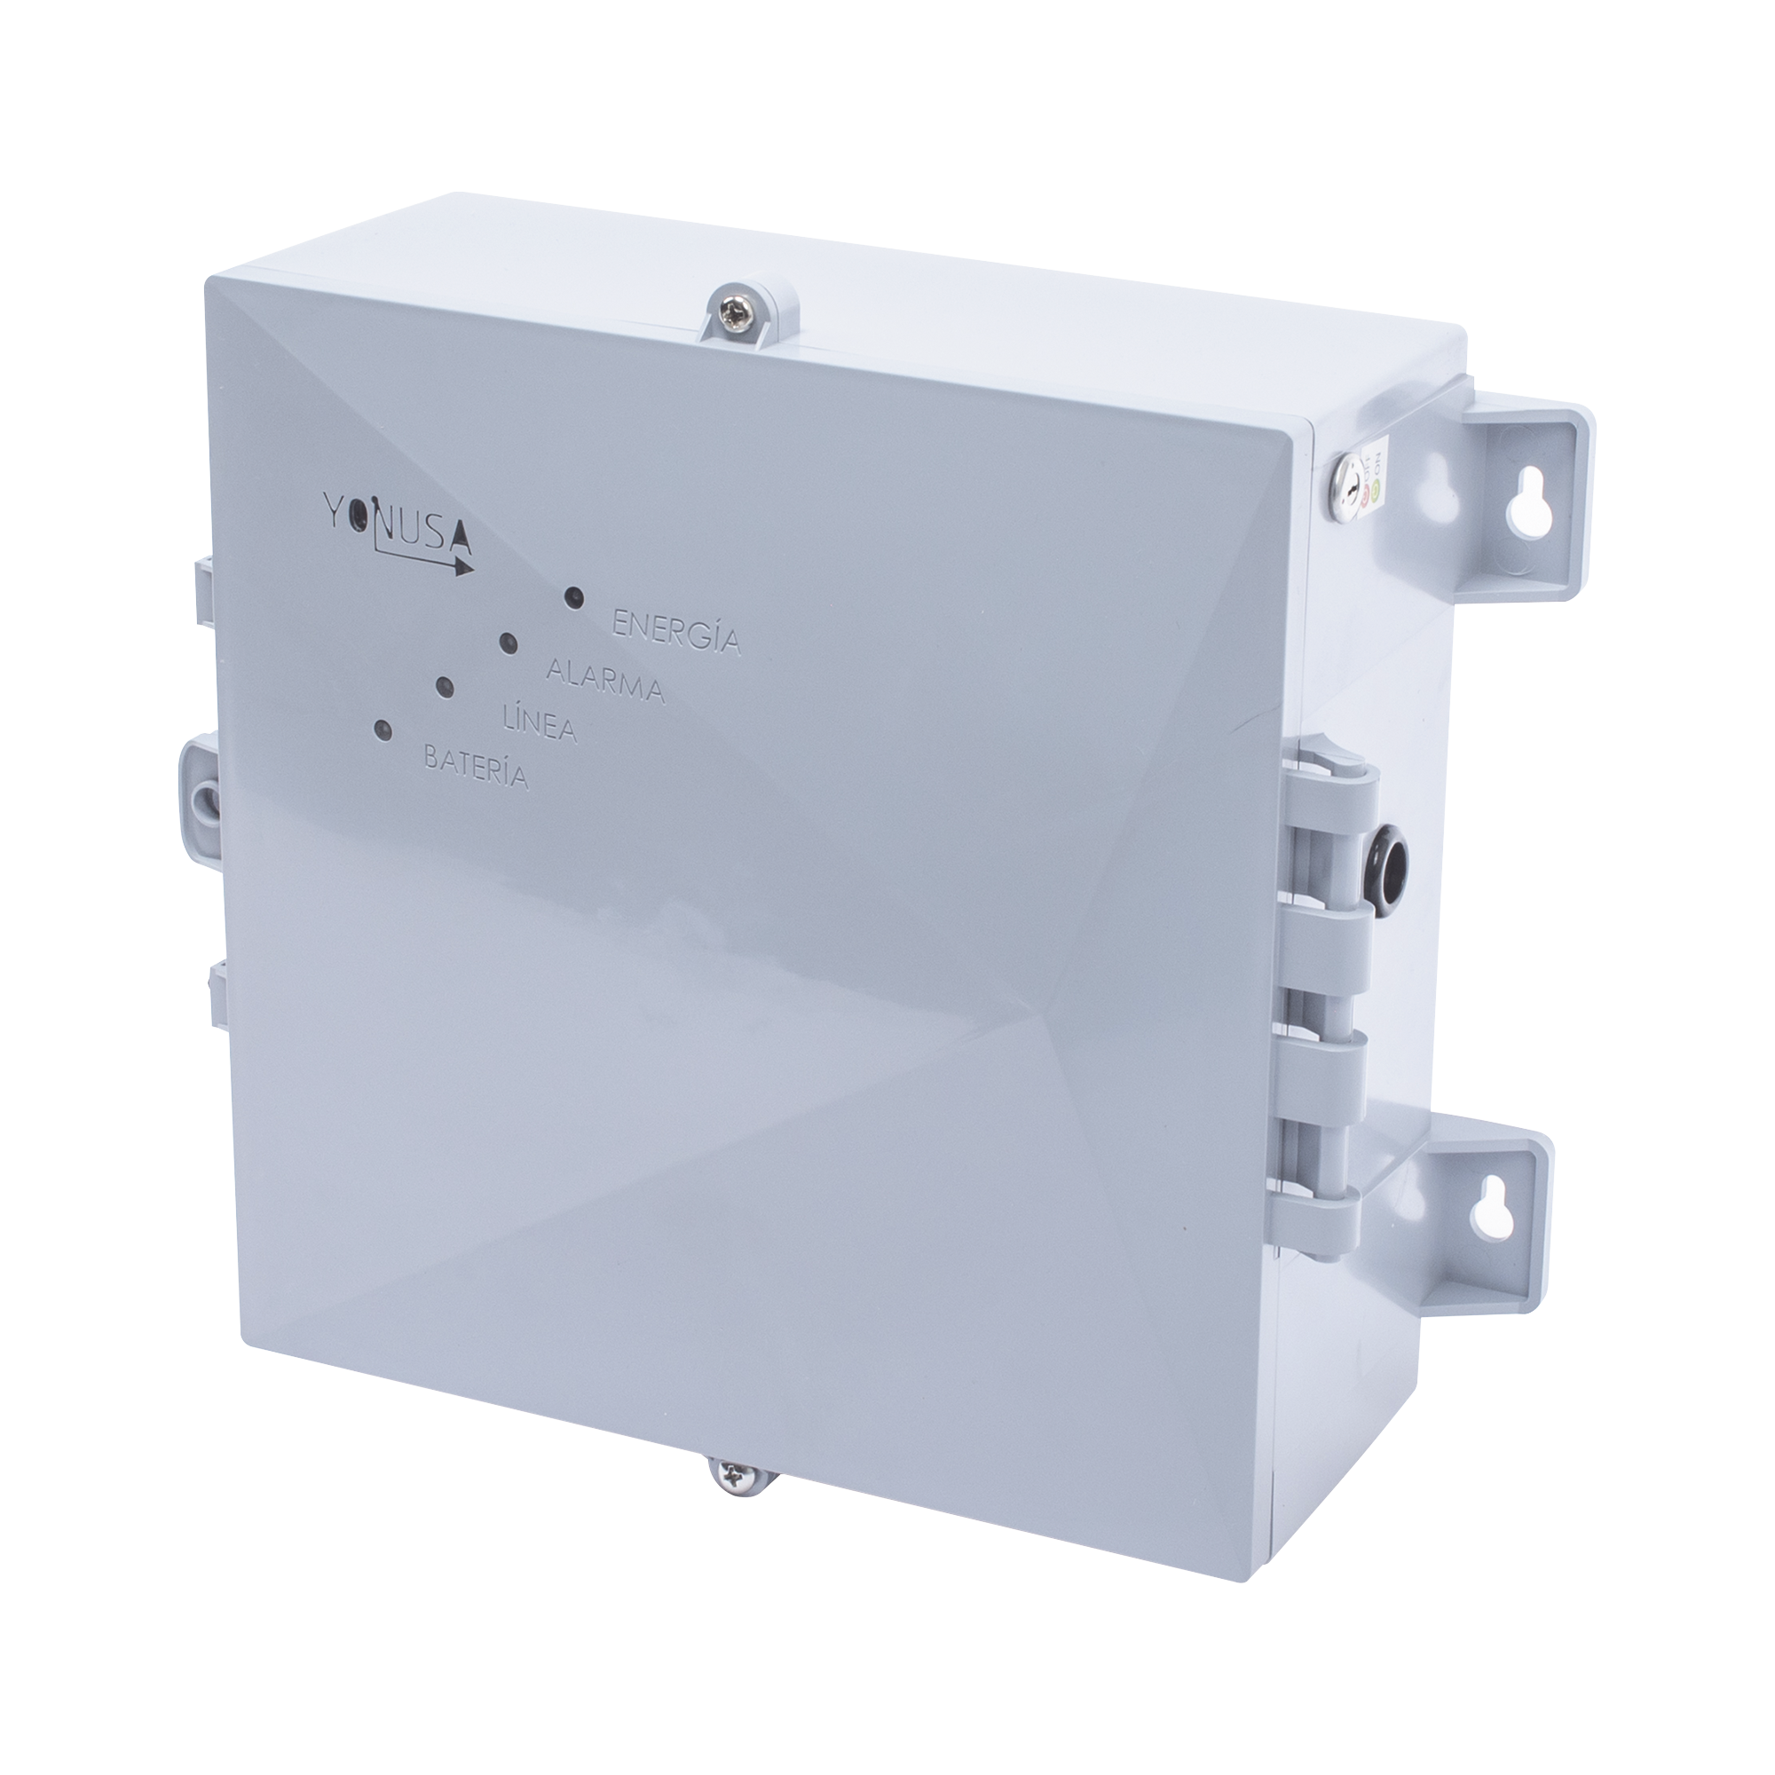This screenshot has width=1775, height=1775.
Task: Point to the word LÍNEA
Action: (540, 725)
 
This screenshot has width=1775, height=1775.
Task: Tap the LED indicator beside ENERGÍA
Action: (574, 598)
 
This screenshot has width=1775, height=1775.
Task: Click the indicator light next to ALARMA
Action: (507, 643)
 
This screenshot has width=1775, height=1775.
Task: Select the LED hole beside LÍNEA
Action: (445, 687)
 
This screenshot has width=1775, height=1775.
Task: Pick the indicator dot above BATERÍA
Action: (382, 731)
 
